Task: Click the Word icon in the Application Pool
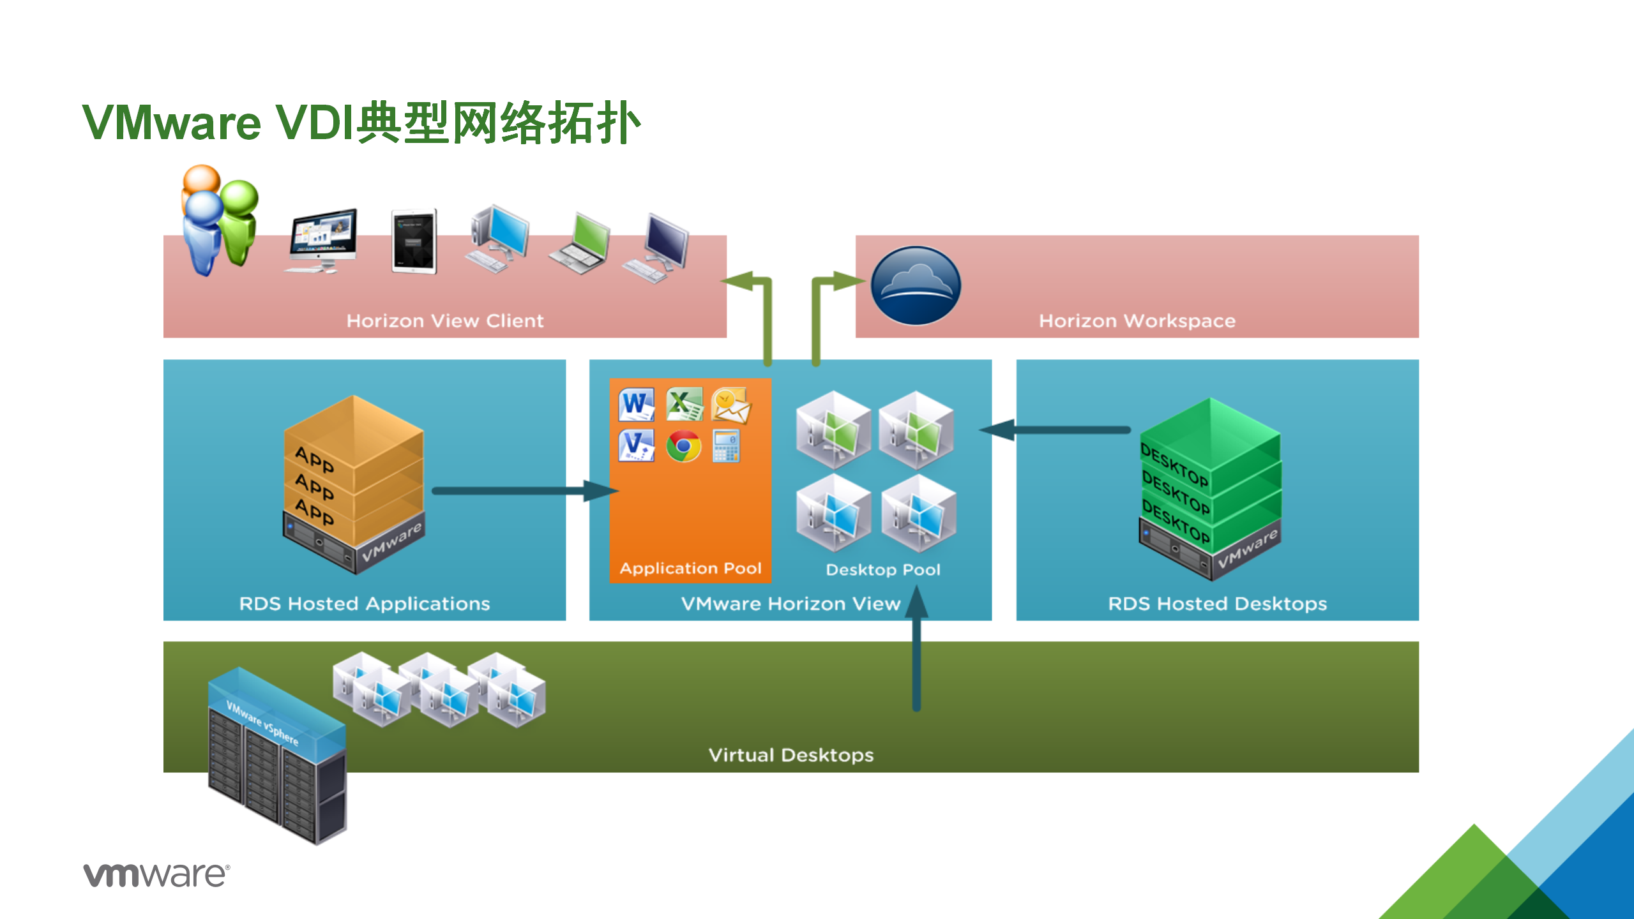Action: point(637,404)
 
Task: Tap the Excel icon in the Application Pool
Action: point(685,404)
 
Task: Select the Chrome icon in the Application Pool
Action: point(683,446)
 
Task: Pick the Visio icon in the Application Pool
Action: point(637,445)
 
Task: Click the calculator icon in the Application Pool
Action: point(726,446)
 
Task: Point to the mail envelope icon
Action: point(731,405)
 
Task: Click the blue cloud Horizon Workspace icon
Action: point(916,285)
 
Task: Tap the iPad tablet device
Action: point(414,241)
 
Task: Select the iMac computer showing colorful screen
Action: point(321,241)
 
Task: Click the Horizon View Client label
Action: point(445,320)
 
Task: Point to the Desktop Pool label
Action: point(883,569)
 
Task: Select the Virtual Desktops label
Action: point(791,755)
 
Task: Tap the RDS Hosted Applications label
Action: point(365,604)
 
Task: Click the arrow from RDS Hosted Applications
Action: point(526,491)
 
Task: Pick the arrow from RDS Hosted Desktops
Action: point(1055,430)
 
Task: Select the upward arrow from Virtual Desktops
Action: point(916,648)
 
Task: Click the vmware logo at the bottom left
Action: point(156,874)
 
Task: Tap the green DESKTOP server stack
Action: point(1210,489)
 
